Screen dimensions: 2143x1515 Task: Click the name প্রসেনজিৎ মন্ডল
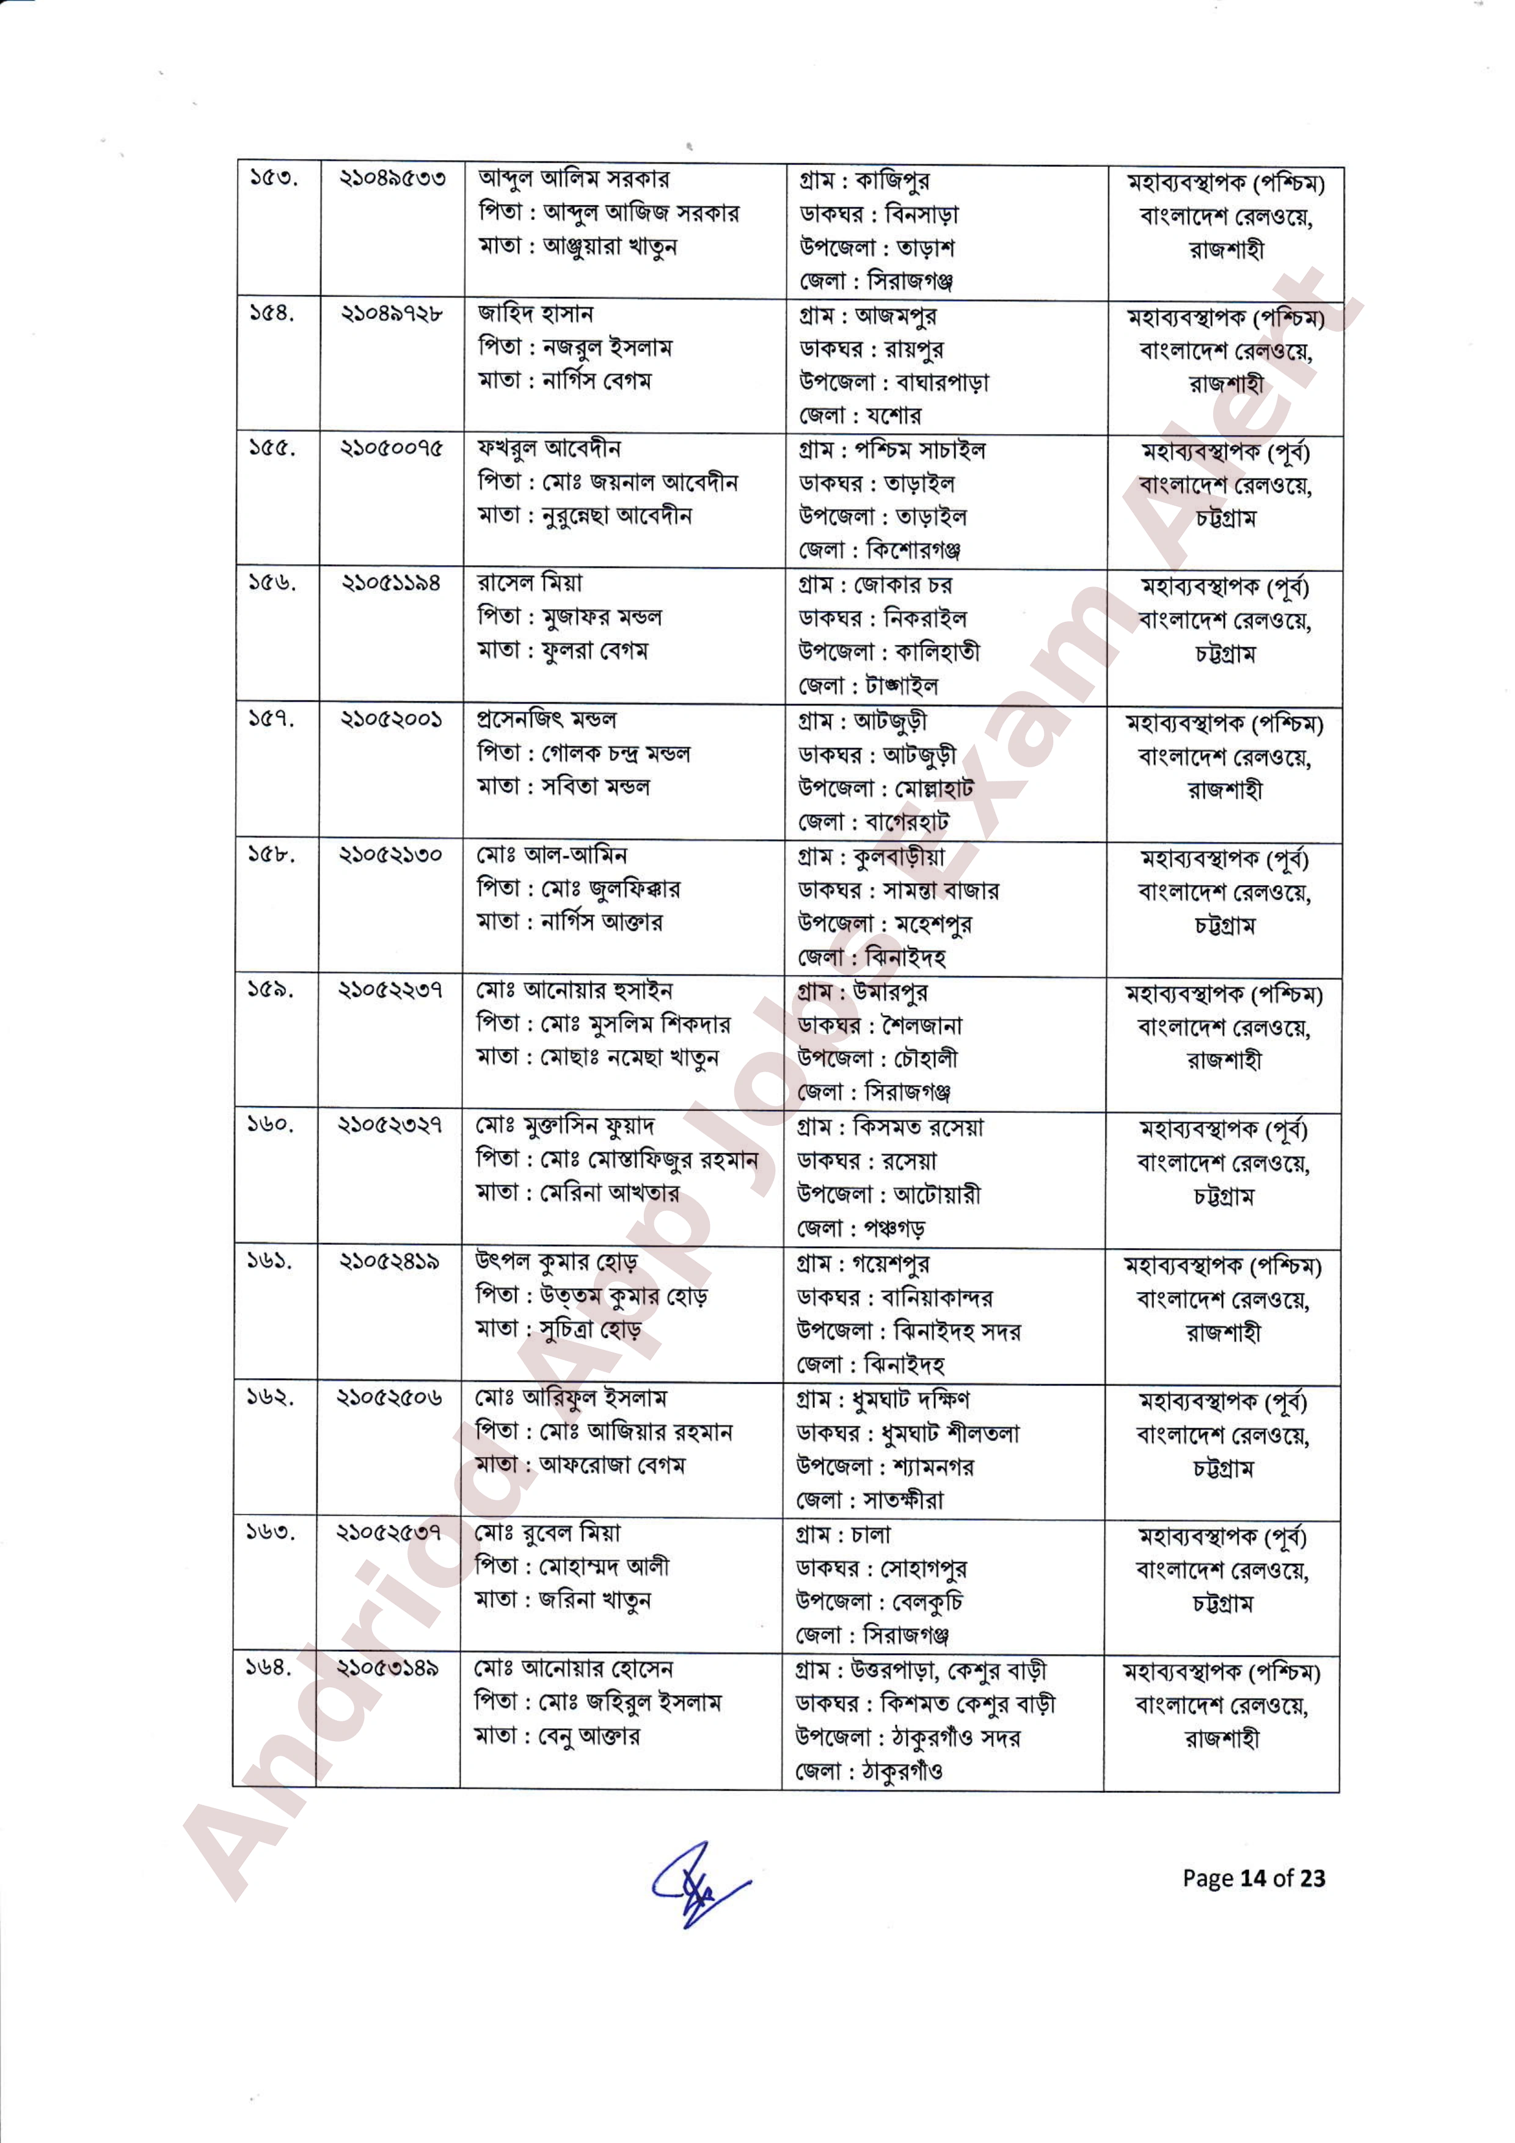point(546,720)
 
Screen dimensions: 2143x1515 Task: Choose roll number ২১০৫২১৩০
point(390,855)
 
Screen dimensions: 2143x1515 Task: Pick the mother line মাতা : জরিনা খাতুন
point(563,1600)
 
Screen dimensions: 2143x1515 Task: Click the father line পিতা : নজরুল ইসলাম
point(575,347)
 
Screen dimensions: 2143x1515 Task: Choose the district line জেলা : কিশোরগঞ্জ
point(879,550)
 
